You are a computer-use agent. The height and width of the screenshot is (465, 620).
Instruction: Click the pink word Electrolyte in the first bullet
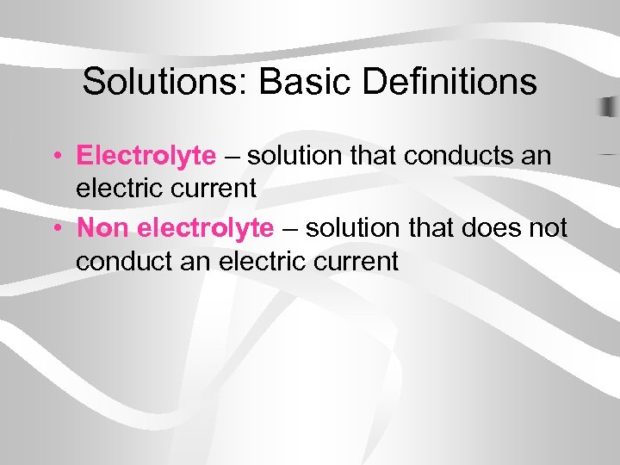point(146,156)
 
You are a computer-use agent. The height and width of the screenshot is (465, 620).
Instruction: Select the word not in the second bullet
point(546,228)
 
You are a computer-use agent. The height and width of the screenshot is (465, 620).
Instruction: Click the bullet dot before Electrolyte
point(54,157)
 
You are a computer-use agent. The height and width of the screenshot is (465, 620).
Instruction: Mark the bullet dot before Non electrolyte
point(54,229)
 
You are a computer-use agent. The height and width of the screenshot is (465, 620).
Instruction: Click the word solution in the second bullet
point(354,228)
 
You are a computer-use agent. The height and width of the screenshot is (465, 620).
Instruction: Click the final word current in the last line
point(354,260)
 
